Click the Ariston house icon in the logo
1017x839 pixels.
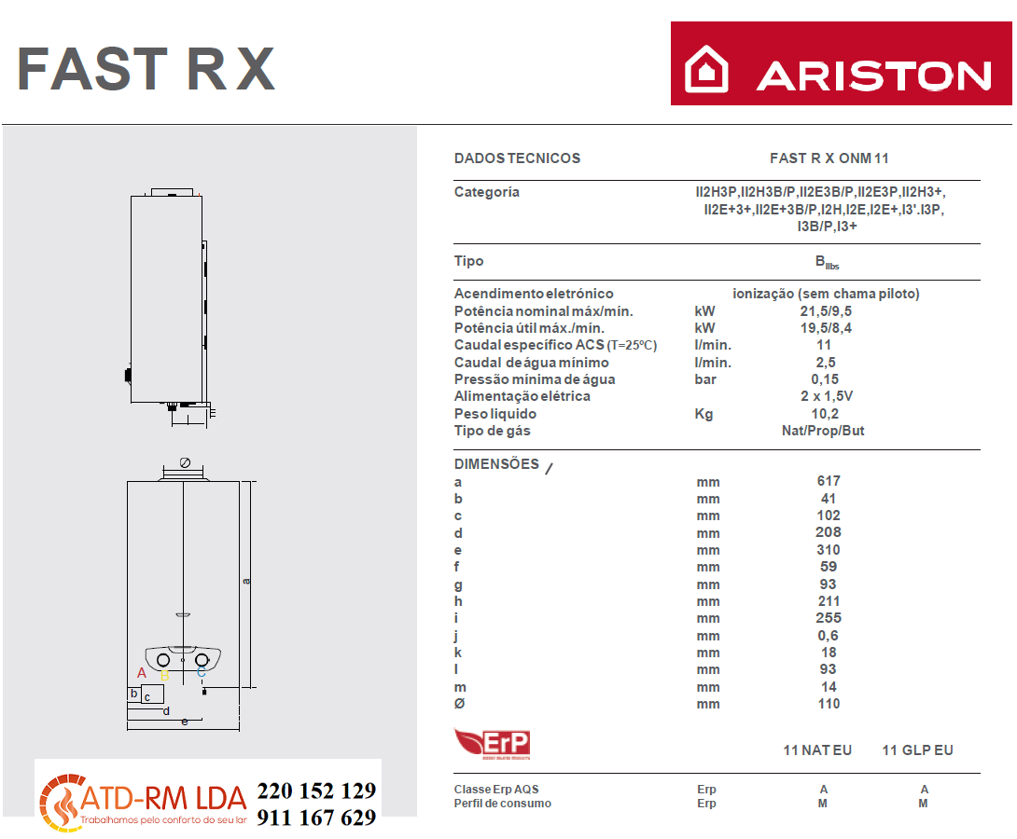(x=706, y=69)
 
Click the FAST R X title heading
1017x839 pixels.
(x=146, y=69)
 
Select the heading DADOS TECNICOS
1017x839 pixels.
(x=517, y=158)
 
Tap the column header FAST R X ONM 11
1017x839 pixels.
(x=829, y=158)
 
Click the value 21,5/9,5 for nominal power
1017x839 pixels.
(x=826, y=311)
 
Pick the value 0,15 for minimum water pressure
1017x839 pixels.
(x=825, y=379)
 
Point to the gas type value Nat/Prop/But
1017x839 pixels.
(x=823, y=430)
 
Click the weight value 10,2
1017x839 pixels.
(x=825, y=413)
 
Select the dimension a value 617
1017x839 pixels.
(x=829, y=481)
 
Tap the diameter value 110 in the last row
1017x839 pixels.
(x=829, y=704)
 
